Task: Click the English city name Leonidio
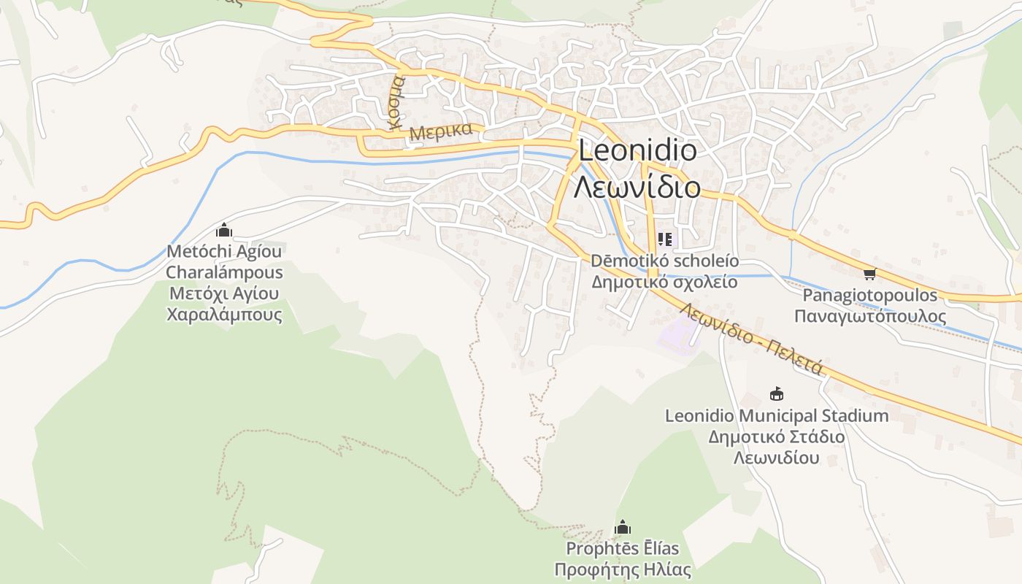pyautogui.click(x=637, y=151)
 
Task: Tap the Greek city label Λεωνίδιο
pyautogui.click(x=637, y=188)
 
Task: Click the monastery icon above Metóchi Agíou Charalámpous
pyautogui.click(x=224, y=231)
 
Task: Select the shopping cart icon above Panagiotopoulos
pyautogui.click(x=869, y=274)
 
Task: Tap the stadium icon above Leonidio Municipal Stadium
pyautogui.click(x=777, y=394)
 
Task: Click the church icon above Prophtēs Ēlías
pyautogui.click(x=623, y=527)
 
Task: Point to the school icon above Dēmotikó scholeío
pyautogui.click(x=664, y=239)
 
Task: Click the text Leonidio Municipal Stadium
pyautogui.click(x=777, y=416)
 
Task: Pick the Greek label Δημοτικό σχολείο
pyautogui.click(x=664, y=282)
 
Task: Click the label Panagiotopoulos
pyautogui.click(x=870, y=296)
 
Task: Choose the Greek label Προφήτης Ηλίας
pyautogui.click(x=623, y=569)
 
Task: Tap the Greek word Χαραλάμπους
pyautogui.click(x=224, y=315)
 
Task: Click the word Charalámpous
pyautogui.click(x=224, y=273)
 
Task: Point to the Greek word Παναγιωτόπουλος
pyautogui.click(x=870, y=317)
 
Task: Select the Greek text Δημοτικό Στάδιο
pyautogui.click(x=777, y=437)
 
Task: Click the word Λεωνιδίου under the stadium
pyautogui.click(x=777, y=458)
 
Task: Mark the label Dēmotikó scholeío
pyautogui.click(x=664, y=261)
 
